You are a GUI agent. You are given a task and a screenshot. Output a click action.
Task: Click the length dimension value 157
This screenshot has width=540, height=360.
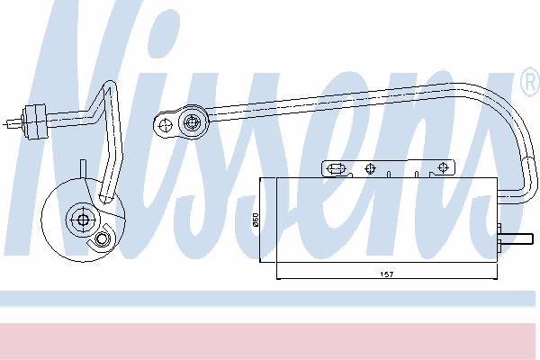[387, 274]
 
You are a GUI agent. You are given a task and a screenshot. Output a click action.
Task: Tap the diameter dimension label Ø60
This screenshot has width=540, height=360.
[256, 220]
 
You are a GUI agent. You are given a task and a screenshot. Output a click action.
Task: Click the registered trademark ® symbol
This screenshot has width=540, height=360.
[531, 82]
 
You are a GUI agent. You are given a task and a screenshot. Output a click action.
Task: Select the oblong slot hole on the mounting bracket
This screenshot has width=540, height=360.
[336, 169]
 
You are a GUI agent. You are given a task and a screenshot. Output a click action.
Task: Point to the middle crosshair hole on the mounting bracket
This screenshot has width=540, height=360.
[370, 169]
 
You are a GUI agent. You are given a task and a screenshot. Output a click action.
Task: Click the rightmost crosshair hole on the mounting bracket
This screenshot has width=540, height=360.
[443, 167]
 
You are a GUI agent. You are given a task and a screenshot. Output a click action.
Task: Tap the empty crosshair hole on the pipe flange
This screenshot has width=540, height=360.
[166, 125]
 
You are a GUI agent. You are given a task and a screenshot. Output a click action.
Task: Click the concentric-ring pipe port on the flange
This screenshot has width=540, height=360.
[192, 122]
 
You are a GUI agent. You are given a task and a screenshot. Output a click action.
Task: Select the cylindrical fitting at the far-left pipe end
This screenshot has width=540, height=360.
[34, 121]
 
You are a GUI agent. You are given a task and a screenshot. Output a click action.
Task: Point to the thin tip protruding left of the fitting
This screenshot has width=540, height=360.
[13, 123]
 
